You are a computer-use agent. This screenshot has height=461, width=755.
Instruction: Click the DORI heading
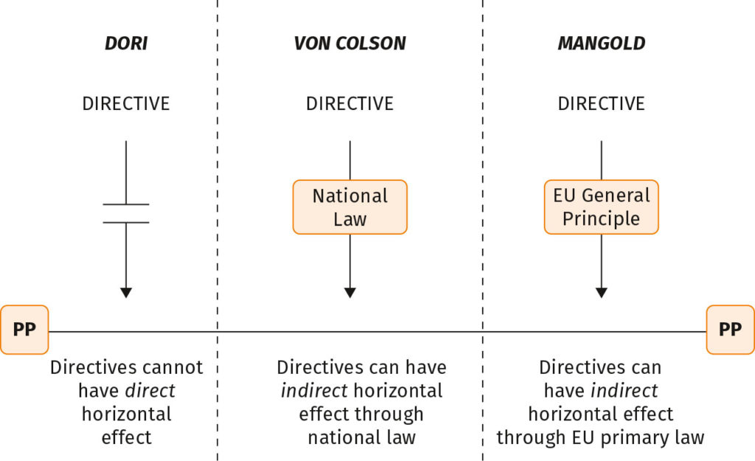coord(126,44)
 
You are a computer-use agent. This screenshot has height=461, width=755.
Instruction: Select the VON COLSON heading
coord(349,44)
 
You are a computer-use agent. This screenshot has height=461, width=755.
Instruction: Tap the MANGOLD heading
coord(602,44)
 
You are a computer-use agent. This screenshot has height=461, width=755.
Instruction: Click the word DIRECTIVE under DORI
coord(126,103)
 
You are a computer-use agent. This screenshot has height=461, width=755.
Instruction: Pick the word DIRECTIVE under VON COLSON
coord(349,103)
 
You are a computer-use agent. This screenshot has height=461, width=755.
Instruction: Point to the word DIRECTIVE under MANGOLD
coord(602,103)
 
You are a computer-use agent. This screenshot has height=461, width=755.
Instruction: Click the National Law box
coord(349,207)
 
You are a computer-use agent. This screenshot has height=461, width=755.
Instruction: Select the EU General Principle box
coord(602,207)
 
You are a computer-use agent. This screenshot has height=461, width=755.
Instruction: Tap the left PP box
coord(24,330)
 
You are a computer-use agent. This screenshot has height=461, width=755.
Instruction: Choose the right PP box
coord(730,330)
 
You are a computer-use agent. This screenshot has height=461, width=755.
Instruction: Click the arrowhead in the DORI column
coord(126,292)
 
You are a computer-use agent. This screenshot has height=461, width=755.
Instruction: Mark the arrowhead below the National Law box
coord(349,292)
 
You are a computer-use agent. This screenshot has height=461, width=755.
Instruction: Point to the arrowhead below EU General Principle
coord(602,292)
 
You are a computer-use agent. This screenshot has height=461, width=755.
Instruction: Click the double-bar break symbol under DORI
coord(126,213)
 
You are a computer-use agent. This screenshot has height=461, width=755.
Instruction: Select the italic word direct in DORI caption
coord(150,391)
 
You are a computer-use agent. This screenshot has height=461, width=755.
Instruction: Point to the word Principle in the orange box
coord(602,219)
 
